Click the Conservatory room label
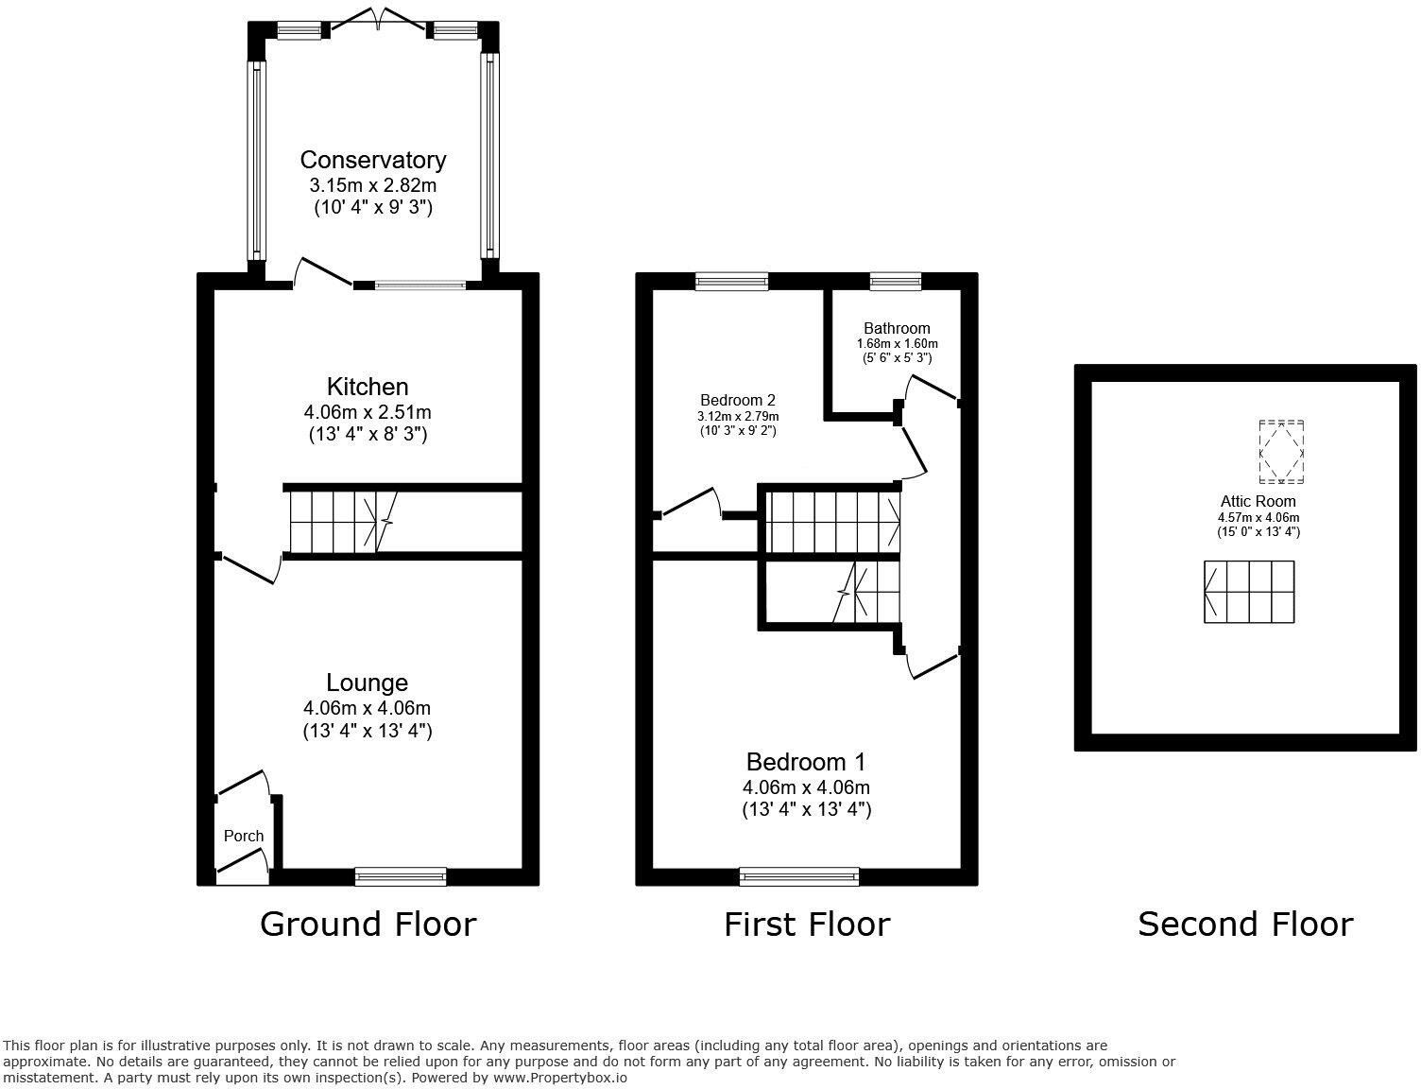(373, 160)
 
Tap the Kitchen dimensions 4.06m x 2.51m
(368, 412)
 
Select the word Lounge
(367, 683)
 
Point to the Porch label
(244, 836)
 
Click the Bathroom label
(897, 328)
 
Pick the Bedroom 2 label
(738, 400)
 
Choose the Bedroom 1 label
(806, 762)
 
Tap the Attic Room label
(1258, 502)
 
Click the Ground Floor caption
(368, 925)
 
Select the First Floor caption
(807, 925)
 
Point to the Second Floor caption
(1245, 925)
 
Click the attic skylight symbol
(1282, 452)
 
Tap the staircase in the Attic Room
(1249, 592)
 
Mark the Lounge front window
(401, 875)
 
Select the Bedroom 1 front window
(799, 875)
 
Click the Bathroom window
(896, 282)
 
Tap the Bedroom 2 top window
(731, 282)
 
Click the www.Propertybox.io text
(559, 1078)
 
